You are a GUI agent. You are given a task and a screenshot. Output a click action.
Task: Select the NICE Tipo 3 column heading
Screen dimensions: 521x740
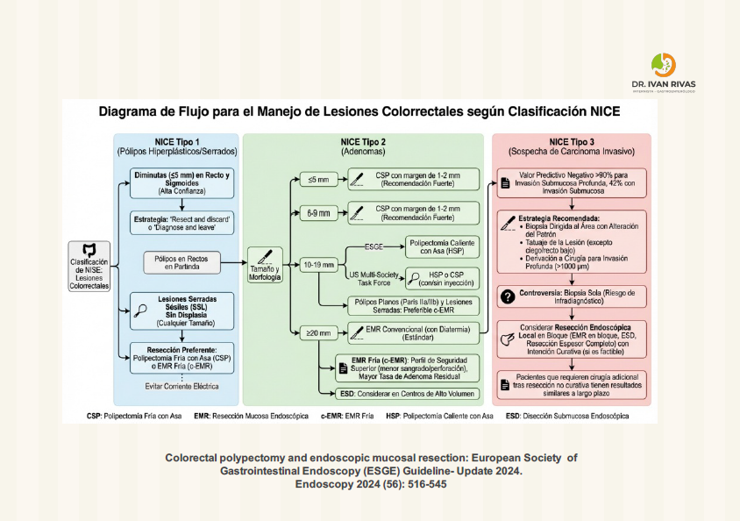[572, 146]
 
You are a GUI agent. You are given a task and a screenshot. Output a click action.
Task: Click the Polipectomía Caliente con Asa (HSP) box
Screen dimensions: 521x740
[441, 246]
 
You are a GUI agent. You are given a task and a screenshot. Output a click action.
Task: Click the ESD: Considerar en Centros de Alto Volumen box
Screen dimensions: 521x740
[409, 394]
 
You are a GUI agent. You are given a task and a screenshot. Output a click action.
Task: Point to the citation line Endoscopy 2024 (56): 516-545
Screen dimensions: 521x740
[371, 483]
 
